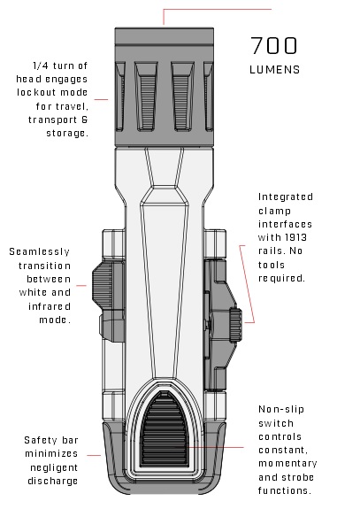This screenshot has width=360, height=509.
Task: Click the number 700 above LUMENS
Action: (x=274, y=45)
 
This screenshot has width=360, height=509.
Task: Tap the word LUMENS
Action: (x=275, y=70)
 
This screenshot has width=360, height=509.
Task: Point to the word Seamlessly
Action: (x=39, y=252)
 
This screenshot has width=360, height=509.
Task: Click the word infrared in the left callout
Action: (x=50, y=306)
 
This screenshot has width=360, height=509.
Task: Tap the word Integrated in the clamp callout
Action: (x=286, y=197)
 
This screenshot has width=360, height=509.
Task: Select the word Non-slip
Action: (x=281, y=409)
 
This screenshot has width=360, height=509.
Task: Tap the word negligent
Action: (x=54, y=467)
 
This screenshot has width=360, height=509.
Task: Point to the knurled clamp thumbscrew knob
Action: (x=236, y=325)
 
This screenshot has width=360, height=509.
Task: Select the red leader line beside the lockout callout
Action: (x=101, y=99)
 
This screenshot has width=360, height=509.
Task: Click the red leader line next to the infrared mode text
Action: (x=81, y=286)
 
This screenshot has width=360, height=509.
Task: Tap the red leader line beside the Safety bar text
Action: (x=94, y=455)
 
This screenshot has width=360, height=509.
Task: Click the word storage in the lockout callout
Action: (x=67, y=134)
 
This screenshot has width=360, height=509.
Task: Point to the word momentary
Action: (x=287, y=464)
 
